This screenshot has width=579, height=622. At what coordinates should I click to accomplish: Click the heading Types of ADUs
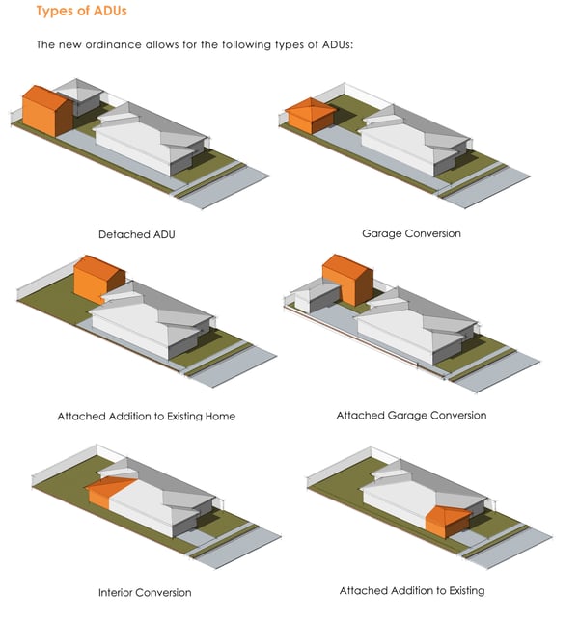pos(81,12)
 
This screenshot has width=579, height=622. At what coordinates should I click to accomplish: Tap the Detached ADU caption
pos(136,234)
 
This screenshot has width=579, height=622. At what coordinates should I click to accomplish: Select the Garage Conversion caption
pos(411,233)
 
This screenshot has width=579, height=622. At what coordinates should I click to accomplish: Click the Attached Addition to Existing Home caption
pos(146,417)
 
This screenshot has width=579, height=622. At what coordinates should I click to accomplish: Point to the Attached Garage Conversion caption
pos(411,416)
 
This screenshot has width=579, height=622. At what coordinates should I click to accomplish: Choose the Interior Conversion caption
pos(145,592)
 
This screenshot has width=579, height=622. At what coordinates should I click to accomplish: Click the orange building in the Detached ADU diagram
pos(45,112)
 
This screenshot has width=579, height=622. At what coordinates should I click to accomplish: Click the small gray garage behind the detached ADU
pos(80,99)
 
